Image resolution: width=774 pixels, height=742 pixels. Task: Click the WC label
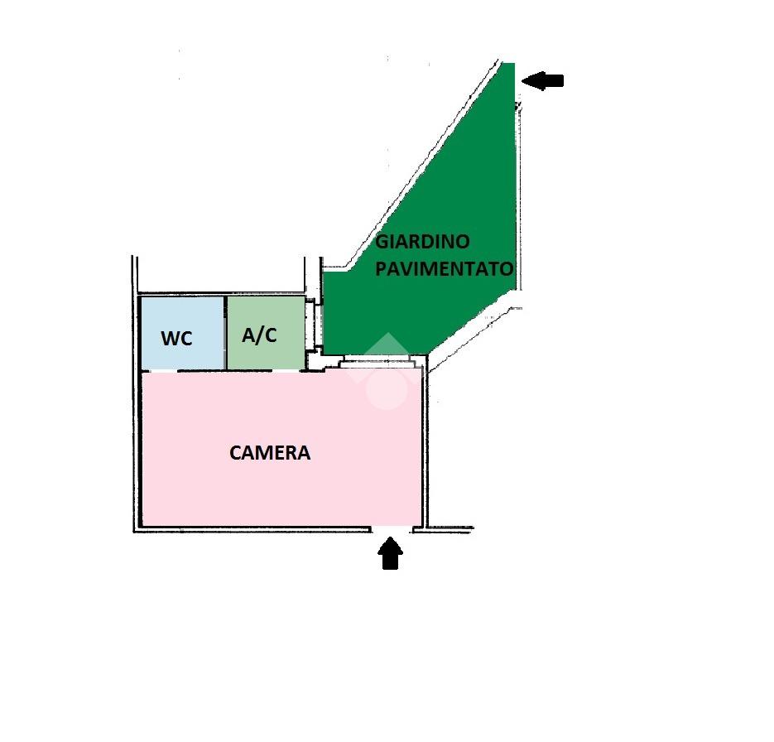(176, 339)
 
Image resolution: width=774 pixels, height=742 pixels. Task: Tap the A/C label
(259, 335)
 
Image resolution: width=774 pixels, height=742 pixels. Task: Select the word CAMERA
(270, 453)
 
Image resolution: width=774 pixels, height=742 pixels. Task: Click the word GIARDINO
(422, 242)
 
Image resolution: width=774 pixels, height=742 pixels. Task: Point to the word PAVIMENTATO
(445, 269)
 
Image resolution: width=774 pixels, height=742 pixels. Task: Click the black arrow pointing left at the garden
(542, 80)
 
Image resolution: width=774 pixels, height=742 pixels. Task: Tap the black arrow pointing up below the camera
(391, 553)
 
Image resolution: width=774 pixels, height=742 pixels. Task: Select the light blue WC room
(183, 333)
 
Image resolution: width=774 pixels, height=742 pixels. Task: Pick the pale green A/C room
(266, 332)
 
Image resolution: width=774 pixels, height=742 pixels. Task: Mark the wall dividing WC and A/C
(226, 333)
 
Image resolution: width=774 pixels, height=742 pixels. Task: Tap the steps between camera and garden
(377, 361)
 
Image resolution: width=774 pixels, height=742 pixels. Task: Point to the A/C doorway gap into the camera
(286, 371)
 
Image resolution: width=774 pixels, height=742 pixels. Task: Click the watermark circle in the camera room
(387, 389)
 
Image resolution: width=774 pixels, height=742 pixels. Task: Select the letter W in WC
(170, 339)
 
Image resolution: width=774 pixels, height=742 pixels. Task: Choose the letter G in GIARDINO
(382, 242)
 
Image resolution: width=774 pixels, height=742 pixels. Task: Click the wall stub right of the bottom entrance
(443, 529)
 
